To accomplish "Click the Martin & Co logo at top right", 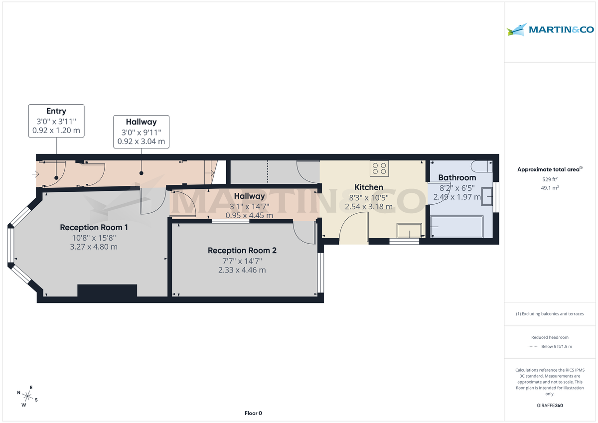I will pos(550,30).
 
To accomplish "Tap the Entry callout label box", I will pos(56,121).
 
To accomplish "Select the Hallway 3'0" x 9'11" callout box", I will pos(141,132).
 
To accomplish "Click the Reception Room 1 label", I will pos(94,228).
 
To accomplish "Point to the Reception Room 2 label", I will pos(242,251).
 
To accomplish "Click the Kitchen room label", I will pos(369,187).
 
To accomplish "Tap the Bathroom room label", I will pos(457,177).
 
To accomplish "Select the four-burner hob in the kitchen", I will pos(379,169).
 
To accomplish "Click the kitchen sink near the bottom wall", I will pos(409,231).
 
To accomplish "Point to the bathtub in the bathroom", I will pos(457,227).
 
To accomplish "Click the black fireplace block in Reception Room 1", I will pos(107,291).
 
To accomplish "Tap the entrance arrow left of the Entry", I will pos(35,174).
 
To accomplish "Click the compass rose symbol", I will pos(28,397).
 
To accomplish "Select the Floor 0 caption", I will pos(253,413).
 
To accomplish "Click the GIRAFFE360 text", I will pos(550,406).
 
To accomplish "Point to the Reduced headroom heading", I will pos(550,337).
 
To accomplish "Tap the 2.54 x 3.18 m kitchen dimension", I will pos(369,206).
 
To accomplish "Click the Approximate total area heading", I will pos(548,169).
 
